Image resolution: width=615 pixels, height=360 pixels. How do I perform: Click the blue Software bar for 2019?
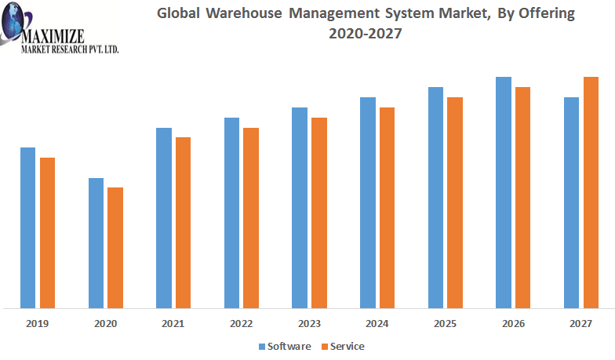click(28, 227)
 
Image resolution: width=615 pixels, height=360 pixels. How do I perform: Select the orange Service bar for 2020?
click(115, 247)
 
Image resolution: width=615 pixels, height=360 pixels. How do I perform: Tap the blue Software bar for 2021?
click(164, 217)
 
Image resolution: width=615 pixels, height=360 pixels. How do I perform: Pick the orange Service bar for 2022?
click(251, 217)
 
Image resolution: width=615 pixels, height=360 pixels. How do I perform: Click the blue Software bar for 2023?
click(300, 207)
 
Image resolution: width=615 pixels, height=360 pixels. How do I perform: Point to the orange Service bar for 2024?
click(387, 207)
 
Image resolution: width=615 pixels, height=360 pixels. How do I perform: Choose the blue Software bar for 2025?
click(436, 197)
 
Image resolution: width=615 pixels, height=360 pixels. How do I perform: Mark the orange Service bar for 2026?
click(522, 197)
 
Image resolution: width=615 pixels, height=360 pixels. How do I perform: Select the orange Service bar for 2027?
click(591, 192)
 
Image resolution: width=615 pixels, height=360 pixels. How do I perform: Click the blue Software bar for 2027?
click(572, 202)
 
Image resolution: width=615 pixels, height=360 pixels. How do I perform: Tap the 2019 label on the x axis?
click(38, 323)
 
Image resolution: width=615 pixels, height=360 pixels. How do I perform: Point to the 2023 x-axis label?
click(309, 323)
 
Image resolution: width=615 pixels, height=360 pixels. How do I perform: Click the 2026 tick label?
click(513, 323)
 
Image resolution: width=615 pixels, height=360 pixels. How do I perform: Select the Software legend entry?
click(284, 346)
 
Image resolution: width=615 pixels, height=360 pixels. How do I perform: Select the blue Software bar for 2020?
click(96, 242)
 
